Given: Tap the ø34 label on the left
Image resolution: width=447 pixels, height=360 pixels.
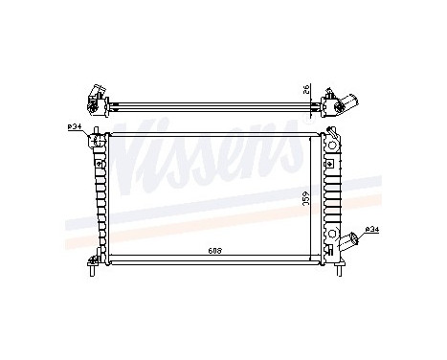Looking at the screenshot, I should pyautogui.click(x=75, y=127).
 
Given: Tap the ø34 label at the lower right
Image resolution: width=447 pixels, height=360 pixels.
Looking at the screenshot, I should pyautogui.click(x=373, y=229).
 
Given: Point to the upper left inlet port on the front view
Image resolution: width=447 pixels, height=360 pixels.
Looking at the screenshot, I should pyautogui.click(x=95, y=142).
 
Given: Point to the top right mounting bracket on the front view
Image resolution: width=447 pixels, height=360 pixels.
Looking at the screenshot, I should pyautogui.click(x=334, y=135).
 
